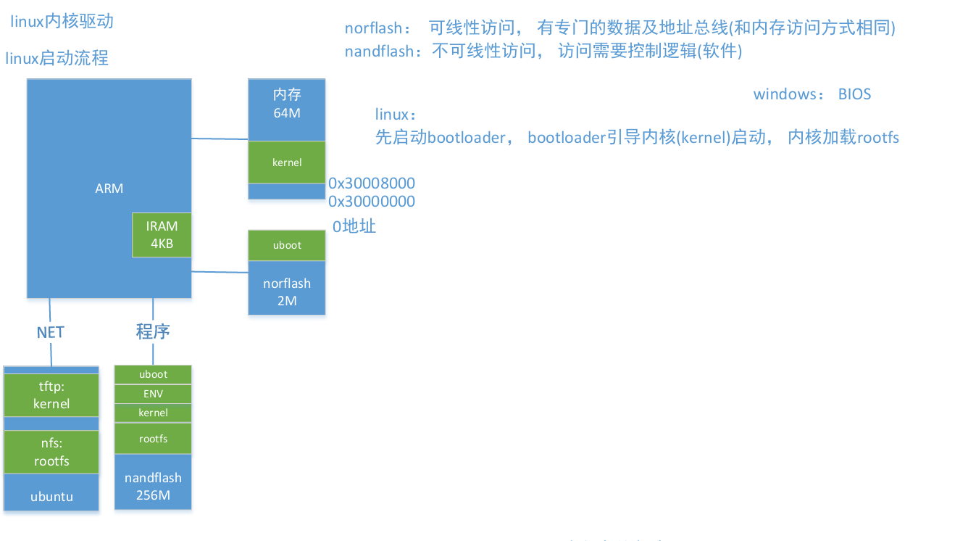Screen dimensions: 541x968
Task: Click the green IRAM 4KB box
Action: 162,235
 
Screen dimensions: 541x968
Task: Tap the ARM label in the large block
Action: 109,189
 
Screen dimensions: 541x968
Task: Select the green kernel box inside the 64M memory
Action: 287,162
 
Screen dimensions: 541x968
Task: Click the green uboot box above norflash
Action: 287,245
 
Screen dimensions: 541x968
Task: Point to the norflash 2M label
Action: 287,292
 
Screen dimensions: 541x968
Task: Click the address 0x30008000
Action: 372,183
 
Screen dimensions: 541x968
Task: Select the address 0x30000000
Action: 372,202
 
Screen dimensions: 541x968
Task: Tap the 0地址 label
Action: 354,226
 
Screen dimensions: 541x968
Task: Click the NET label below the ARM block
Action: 51,332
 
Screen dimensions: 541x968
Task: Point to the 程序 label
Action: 153,332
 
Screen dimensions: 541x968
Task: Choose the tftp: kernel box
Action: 51,395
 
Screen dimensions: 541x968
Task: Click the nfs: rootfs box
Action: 51,453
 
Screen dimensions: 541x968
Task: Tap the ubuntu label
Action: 51,497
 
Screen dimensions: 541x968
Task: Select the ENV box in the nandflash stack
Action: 153,394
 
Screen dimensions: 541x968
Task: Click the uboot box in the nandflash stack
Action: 153,374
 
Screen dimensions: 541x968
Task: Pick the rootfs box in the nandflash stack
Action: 153,439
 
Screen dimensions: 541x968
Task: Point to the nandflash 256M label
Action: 153,486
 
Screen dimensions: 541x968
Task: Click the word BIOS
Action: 854,94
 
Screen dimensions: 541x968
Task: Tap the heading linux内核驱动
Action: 62,21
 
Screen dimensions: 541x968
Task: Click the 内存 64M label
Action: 287,103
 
